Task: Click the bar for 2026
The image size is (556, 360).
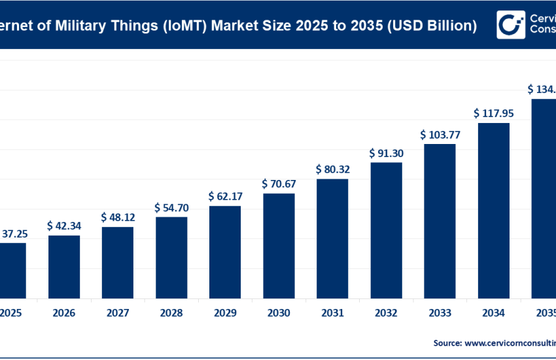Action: click(x=64, y=266)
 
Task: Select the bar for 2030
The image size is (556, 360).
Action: click(x=279, y=245)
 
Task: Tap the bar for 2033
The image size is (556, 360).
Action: click(x=440, y=220)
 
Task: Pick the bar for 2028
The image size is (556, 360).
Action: click(x=171, y=257)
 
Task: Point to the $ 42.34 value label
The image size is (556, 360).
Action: click(x=63, y=226)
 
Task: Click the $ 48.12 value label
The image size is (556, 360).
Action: click(x=117, y=217)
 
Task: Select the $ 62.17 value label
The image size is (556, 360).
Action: click(x=224, y=196)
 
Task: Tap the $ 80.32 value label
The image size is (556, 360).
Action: click(x=332, y=170)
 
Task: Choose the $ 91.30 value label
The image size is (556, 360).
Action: click(x=386, y=153)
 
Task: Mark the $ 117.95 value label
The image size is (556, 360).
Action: click(x=494, y=113)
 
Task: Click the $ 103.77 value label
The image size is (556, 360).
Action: click(x=440, y=135)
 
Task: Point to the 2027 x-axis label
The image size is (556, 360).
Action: click(x=118, y=314)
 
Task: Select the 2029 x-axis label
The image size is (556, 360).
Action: click(x=225, y=314)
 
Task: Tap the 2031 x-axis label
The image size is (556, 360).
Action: click(x=332, y=314)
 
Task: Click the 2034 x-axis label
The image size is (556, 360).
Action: click(x=494, y=314)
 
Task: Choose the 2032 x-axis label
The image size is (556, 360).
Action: click(x=386, y=314)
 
